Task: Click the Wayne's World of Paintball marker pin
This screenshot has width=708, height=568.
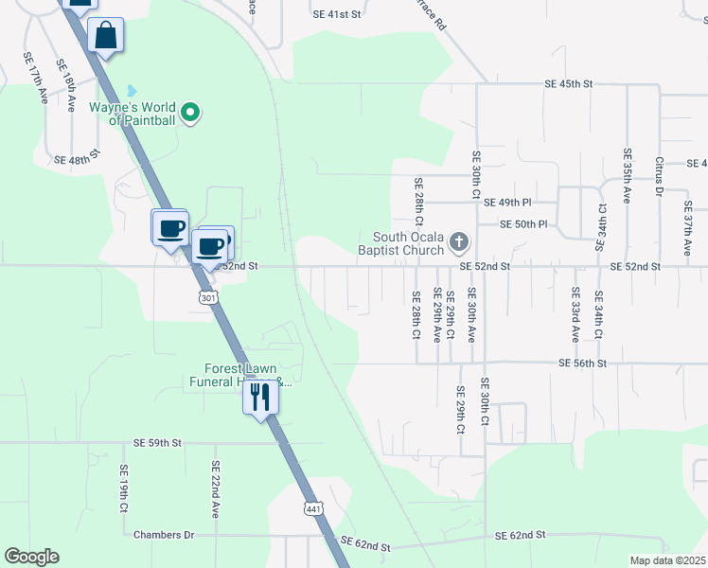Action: tap(190, 114)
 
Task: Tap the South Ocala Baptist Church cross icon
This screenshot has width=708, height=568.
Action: tap(459, 242)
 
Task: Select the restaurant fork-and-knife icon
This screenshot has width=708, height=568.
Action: tap(260, 398)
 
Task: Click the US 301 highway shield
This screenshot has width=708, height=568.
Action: tap(207, 298)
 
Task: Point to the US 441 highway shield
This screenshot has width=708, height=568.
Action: tap(314, 508)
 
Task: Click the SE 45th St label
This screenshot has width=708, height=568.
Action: tap(568, 84)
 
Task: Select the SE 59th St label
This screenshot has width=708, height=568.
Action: tap(156, 442)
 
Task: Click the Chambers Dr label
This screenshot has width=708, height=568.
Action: tap(164, 535)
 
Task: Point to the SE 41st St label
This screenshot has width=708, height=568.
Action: tap(337, 15)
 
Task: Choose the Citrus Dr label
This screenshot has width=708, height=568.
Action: tap(659, 177)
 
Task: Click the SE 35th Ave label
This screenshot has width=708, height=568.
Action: tap(627, 176)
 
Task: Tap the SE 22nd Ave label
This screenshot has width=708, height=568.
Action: tap(216, 488)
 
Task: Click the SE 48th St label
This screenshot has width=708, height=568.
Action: tap(78, 159)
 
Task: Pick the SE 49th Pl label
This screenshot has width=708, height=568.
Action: tap(507, 203)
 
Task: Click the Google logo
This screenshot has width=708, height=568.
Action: tap(31, 557)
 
